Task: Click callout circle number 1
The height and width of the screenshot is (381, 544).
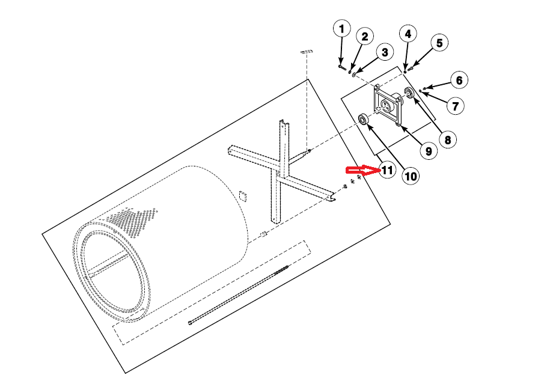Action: [x=342, y=28]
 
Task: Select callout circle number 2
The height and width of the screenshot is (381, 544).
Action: [x=364, y=36]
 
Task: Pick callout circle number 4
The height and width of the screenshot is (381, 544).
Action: [x=408, y=34]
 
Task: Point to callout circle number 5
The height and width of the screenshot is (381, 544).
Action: [x=439, y=43]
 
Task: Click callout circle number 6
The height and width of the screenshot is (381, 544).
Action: [x=458, y=80]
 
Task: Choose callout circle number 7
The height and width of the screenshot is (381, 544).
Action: [x=454, y=106]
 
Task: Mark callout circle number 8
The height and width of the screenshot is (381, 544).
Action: [x=446, y=139]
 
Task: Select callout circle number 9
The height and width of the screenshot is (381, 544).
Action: [x=427, y=151]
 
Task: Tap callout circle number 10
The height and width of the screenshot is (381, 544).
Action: [x=411, y=176]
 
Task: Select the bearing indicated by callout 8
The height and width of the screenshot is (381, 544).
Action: [x=410, y=93]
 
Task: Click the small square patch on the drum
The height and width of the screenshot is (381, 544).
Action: [x=242, y=196]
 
